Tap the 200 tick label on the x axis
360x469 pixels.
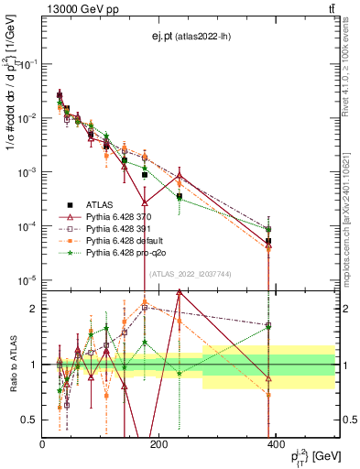[158, 442]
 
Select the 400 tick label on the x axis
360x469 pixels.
[274, 442]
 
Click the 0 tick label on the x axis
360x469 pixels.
[42, 442]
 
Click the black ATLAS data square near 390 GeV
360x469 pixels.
[268, 242]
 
